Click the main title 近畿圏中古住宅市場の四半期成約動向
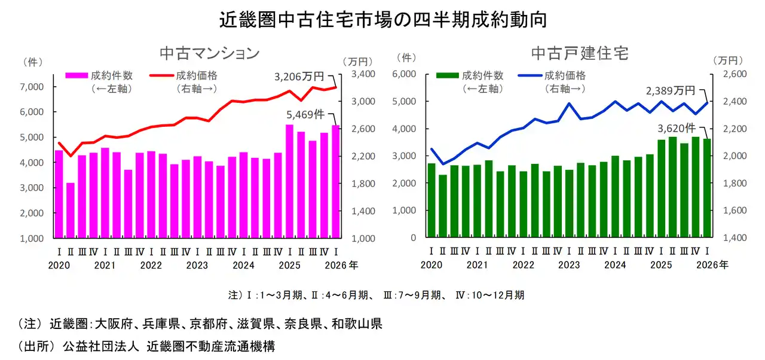point(382,20)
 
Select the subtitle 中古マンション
point(209,53)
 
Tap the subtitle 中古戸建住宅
point(580,53)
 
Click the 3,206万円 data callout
point(299,77)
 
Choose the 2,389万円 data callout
point(671,91)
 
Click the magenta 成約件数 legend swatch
point(77,76)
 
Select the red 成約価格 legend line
point(160,76)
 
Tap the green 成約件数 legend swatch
point(448,76)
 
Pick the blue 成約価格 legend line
point(531,76)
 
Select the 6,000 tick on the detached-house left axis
point(404,74)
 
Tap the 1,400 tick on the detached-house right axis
point(730,238)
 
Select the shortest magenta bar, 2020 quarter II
point(71,210)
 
